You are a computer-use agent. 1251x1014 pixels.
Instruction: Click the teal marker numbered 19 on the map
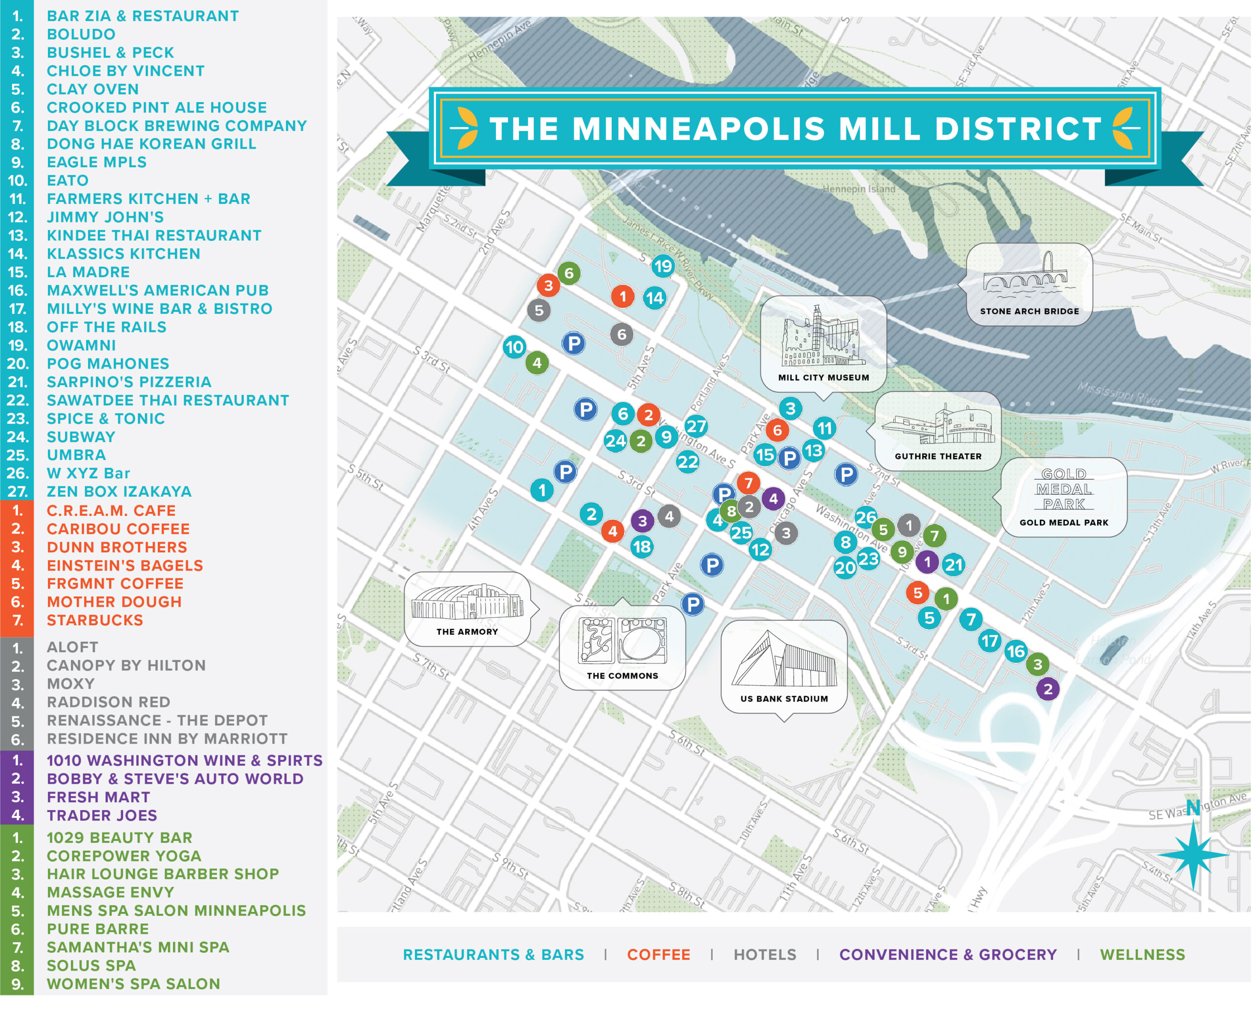tap(663, 266)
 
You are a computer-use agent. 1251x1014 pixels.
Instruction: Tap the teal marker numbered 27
tap(696, 426)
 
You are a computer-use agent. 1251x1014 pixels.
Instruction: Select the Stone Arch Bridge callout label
tap(1029, 311)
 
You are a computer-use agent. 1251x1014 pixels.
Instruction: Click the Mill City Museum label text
tap(823, 377)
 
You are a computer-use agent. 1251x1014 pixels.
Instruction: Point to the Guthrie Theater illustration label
tap(938, 456)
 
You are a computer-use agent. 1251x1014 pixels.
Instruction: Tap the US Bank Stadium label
tap(784, 699)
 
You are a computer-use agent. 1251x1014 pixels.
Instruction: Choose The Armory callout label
tap(467, 631)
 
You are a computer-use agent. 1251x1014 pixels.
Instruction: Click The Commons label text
tap(622, 675)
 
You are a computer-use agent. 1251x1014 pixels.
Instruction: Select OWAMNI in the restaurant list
tap(81, 345)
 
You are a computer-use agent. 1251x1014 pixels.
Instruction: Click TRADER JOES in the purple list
tap(102, 816)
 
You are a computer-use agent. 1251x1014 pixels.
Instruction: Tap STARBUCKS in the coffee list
tap(95, 620)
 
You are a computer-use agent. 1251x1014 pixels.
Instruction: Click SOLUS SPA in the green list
tap(91, 966)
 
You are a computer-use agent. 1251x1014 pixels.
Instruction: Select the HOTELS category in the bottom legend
tap(765, 954)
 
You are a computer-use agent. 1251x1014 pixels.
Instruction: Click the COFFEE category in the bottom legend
tap(658, 954)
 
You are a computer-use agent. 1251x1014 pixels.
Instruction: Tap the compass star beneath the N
tap(1193, 854)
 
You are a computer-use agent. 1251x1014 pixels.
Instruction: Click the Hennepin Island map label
tap(858, 189)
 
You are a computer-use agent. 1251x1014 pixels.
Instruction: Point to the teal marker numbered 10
tap(514, 347)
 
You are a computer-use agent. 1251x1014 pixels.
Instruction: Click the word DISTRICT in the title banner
tap(1018, 129)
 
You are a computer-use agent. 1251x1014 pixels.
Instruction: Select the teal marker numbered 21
tap(953, 564)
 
